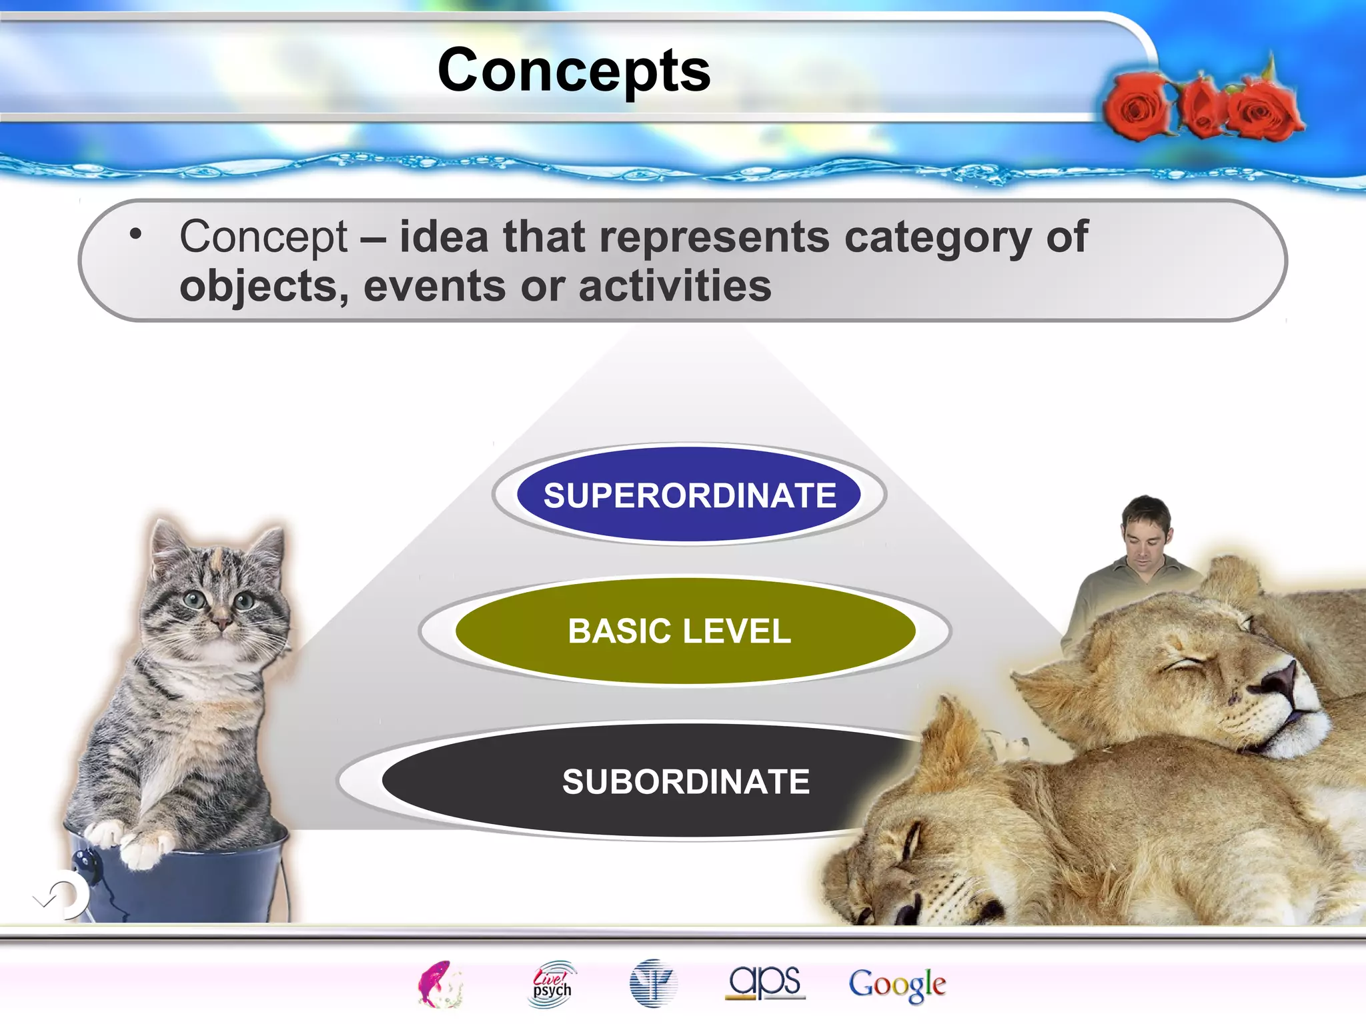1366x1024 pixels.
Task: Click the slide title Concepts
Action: pos(574,71)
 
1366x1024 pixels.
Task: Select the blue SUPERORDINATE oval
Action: pos(689,495)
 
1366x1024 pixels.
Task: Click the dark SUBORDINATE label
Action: pos(686,781)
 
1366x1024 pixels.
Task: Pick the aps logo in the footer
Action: pos(765,983)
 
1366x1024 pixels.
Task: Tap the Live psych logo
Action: pos(552,984)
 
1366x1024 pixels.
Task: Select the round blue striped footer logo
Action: pos(652,983)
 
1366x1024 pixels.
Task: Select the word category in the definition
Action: pos(937,237)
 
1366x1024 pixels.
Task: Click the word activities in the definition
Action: pos(674,287)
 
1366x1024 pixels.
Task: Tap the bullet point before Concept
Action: pos(136,234)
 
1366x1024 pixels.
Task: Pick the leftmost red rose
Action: pos(1137,107)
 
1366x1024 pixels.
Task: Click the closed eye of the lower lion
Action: pos(910,843)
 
